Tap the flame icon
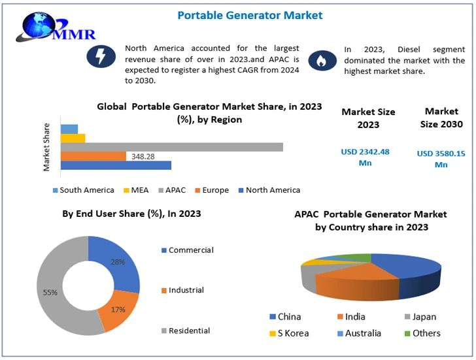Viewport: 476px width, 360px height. (320, 60)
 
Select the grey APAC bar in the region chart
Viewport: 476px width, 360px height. (172, 147)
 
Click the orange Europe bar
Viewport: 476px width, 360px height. (93, 156)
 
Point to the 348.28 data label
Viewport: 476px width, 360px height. (143, 157)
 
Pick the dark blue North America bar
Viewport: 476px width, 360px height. (116, 165)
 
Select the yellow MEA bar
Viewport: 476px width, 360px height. (73, 138)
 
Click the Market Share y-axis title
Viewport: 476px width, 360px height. (46, 147)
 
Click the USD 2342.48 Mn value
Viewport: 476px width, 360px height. (365, 157)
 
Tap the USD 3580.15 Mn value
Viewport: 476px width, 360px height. (441, 159)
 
